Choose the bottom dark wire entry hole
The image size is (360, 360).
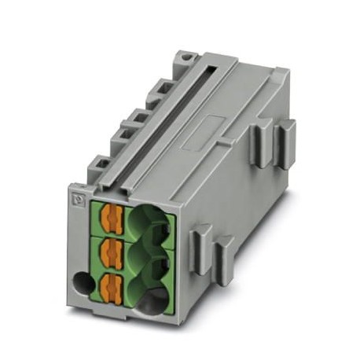tap(152, 296)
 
